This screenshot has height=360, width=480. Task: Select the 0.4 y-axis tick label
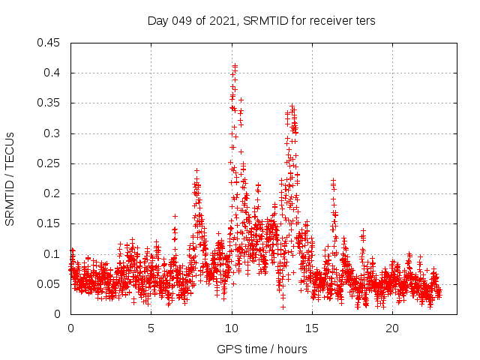[x=54, y=73]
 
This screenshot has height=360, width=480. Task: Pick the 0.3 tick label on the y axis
[x=54, y=133]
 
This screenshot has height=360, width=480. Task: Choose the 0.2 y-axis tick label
[x=54, y=193]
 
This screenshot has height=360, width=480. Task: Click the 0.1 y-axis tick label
[x=54, y=254]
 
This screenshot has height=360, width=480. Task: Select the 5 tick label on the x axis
[x=151, y=328]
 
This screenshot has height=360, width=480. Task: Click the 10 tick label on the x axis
[x=231, y=328]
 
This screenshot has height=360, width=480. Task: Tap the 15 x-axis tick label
[x=311, y=328]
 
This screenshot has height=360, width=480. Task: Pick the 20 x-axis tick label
[x=391, y=328]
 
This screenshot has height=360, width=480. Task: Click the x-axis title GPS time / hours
[x=262, y=349]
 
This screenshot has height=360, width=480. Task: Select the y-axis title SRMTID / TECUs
[x=10, y=178]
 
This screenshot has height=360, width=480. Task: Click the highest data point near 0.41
[x=235, y=66]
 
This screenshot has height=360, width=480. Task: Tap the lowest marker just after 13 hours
[x=283, y=306]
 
